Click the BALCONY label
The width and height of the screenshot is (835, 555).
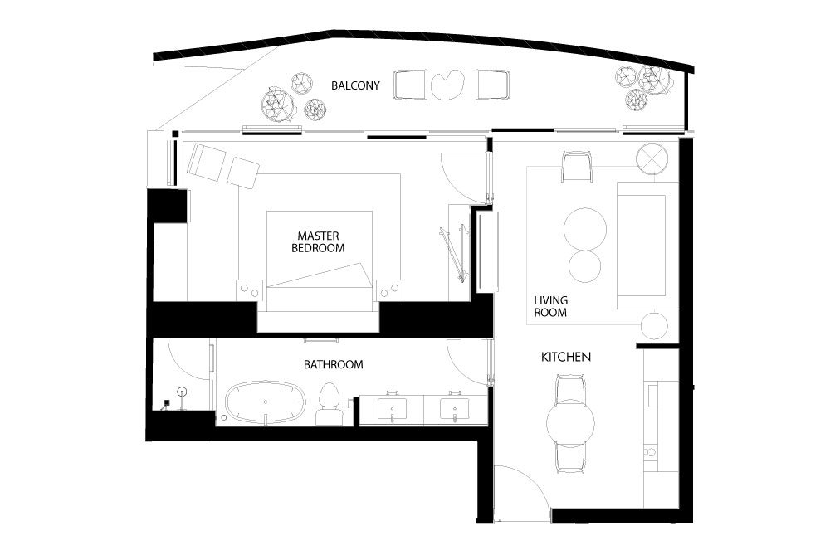click(355, 85)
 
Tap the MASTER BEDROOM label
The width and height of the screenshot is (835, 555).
click(318, 241)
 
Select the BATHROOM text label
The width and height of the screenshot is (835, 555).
click(334, 364)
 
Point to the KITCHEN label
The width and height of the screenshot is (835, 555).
click(565, 357)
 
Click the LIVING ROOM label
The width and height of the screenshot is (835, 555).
click(550, 306)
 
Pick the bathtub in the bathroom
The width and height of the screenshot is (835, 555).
click(266, 402)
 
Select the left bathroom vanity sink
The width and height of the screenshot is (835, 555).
click(392, 408)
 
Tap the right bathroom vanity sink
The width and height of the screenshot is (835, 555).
click(455, 408)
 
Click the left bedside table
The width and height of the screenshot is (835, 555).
click(249, 290)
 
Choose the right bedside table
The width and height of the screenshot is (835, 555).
click(389, 290)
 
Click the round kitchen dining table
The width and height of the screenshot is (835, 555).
click(570, 423)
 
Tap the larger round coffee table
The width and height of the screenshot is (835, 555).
click(585, 229)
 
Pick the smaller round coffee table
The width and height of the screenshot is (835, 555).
click(584, 266)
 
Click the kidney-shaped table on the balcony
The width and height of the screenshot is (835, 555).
click(447, 85)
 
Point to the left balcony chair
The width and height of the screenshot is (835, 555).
click(409, 85)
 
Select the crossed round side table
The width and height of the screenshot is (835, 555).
click(652, 158)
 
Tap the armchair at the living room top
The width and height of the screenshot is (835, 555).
click(576, 167)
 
